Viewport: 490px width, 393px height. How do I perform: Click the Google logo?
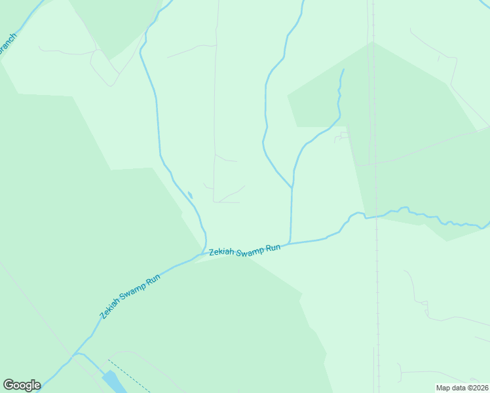click(22, 385)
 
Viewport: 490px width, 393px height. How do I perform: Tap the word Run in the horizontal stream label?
click(274, 247)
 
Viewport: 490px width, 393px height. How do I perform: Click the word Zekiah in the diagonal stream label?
click(112, 307)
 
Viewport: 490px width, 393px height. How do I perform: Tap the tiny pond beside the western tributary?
click(190, 195)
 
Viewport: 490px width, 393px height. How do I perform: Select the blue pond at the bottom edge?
click(111, 382)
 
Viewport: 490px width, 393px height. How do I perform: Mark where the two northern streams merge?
click(292, 188)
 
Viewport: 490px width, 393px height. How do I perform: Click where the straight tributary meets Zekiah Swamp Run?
click(290, 243)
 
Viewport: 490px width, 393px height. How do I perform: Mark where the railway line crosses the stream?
click(376, 216)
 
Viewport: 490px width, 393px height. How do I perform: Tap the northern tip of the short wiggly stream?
click(343, 69)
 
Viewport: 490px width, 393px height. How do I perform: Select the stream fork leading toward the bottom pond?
click(77, 354)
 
